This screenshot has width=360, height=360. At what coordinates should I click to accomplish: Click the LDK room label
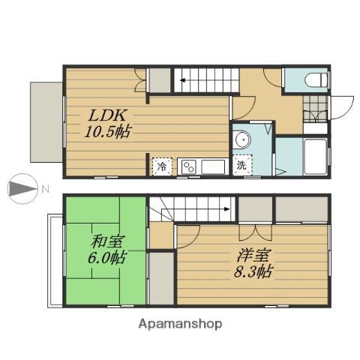[107, 115]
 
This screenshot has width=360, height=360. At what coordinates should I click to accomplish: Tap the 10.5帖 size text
[108, 131]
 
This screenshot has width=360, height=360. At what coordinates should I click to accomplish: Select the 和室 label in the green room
[107, 241]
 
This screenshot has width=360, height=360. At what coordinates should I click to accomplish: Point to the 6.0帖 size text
[107, 257]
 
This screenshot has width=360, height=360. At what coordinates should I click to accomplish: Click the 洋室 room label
[253, 256]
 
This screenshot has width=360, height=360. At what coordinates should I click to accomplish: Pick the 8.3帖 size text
[253, 271]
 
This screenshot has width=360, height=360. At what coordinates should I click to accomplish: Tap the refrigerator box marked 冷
[162, 166]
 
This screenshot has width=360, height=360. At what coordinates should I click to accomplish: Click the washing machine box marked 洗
[242, 165]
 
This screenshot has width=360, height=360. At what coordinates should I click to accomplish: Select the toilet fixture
[316, 80]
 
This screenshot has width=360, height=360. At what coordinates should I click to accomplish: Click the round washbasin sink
[242, 139]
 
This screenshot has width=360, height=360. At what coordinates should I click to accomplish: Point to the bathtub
[315, 157]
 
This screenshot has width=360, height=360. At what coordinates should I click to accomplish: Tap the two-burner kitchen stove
[189, 167]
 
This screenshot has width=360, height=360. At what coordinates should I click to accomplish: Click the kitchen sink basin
[213, 167]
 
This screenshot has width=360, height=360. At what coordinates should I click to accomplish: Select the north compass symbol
[22, 188]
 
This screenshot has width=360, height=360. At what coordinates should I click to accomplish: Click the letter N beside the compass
[45, 189]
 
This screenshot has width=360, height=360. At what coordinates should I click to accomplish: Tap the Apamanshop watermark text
[180, 324]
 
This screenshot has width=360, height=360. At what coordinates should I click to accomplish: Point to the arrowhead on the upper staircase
[183, 80]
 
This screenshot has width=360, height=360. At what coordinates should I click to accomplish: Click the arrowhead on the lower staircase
[227, 209]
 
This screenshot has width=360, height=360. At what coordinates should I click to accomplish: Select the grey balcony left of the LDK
[46, 122]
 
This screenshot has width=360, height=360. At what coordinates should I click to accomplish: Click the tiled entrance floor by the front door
[315, 109]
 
